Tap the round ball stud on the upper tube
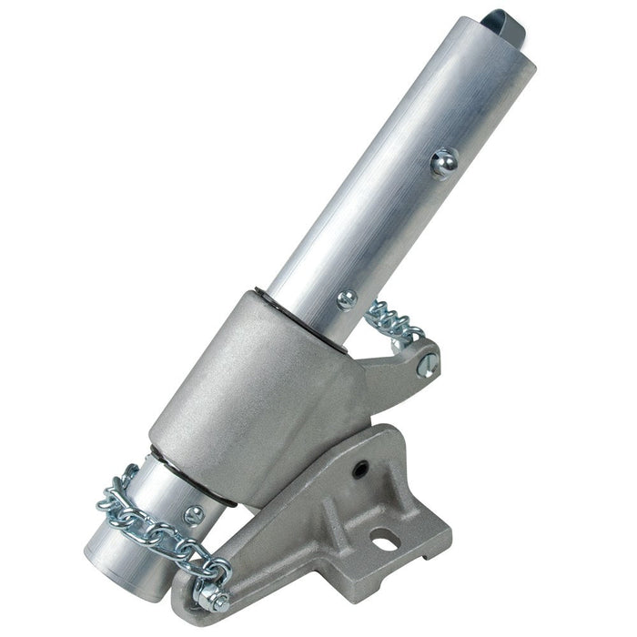tap(443, 165)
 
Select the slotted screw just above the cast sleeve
tap(345, 298)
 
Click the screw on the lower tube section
tap(193, 515)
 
